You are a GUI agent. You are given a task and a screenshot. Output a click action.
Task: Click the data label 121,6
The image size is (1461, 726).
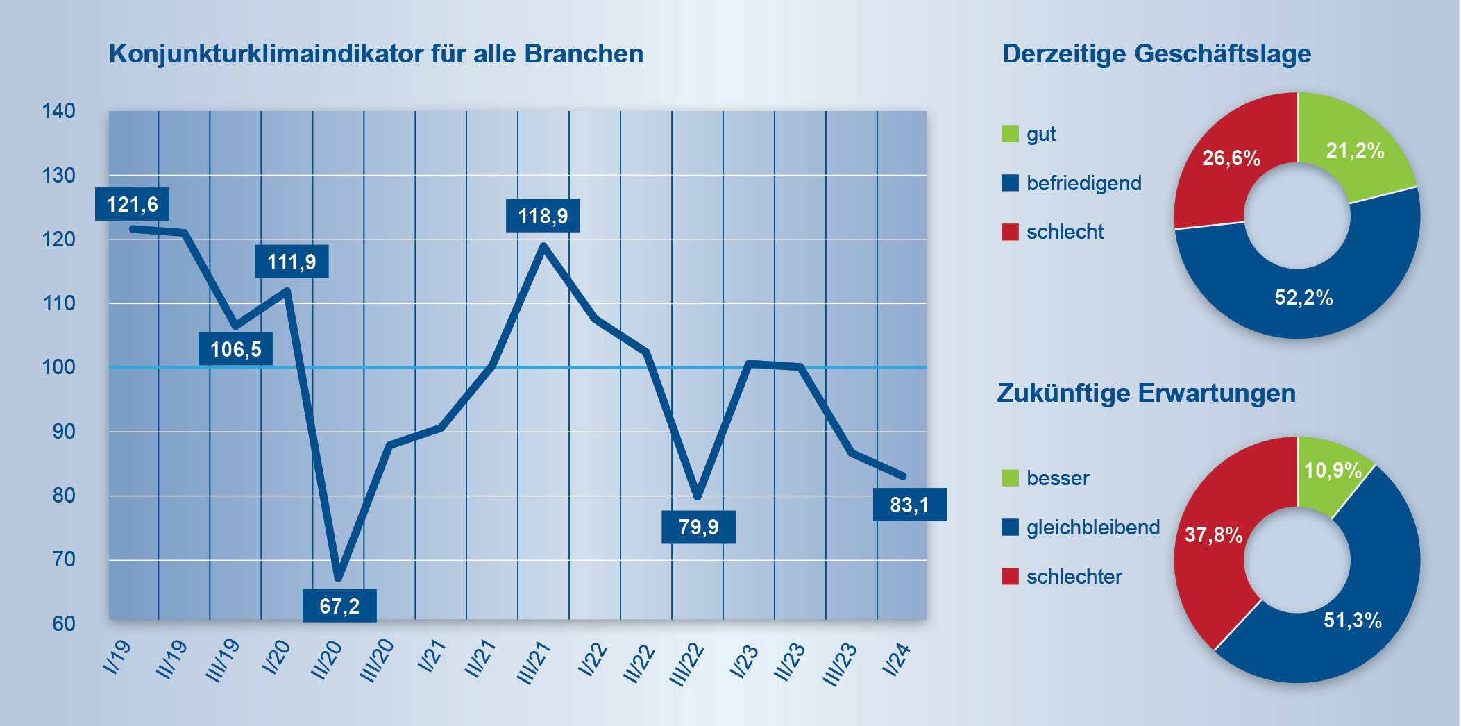pos(132,205)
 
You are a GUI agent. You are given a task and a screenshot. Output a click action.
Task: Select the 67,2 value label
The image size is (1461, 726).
pos(339,606)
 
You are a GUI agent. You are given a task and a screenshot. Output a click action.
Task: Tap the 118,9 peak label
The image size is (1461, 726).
pos(543,216)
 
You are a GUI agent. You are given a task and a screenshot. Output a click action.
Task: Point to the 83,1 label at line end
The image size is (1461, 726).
pos(909,505)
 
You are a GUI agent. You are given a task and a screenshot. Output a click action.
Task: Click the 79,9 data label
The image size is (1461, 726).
pos(698,527)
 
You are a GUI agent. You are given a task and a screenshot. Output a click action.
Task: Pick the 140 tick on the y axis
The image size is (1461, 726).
pos(58,111)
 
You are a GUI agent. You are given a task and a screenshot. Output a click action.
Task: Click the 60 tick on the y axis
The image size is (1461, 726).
pos(63,623)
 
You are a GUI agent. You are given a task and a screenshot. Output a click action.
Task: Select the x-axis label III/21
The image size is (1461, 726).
pos(534,663)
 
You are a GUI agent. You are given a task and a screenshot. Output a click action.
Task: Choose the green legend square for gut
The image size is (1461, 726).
pos(1010,133)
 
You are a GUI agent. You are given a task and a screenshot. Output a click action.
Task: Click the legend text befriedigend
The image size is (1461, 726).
pos(1083,183)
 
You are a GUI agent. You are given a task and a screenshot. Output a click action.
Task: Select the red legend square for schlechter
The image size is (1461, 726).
pos(1010,576)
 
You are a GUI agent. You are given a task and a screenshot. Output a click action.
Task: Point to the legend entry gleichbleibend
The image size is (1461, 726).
pos(1093,527)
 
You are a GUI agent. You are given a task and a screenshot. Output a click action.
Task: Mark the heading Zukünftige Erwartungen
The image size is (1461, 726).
pos(1146,393)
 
